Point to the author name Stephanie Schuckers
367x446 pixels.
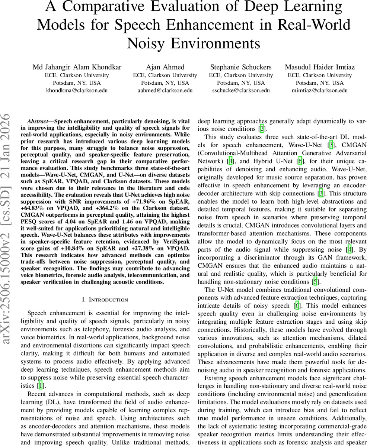(x=241, y=67)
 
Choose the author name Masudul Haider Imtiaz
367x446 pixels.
(x=320, y=67)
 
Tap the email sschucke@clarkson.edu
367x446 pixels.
(x=241, y=90)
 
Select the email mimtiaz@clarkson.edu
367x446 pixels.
(x=320, y=90)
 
